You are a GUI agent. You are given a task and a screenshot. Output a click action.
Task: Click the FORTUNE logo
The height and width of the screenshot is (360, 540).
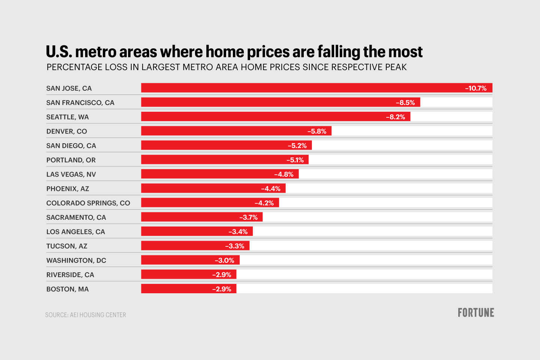[x=475, y=313]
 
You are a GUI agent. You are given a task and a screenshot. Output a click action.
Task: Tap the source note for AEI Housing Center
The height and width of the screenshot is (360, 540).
[x=85, y=315]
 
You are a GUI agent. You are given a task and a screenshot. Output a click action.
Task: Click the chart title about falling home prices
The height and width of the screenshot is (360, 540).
[x=234, y=52]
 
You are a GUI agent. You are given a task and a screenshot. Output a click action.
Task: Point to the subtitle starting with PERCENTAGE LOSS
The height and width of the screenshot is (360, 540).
[x=226, y=67]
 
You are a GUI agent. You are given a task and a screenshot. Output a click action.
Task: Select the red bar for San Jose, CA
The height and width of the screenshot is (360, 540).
[x=300, y=88]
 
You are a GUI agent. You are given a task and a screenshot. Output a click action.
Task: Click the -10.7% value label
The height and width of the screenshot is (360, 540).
[x=475, y=88]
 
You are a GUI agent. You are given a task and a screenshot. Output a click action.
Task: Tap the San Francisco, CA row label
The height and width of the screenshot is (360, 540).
[x=80, y=103]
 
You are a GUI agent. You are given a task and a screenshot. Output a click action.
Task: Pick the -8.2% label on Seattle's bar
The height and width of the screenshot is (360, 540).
[x=395, y=117]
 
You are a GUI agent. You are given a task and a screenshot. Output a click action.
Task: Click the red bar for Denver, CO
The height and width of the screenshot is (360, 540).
[x=225, y=131]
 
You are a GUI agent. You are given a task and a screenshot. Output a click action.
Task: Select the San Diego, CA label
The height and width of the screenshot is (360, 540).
[x=71, y=146]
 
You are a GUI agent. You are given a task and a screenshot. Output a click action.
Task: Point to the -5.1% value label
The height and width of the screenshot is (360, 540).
[x=295, y=160]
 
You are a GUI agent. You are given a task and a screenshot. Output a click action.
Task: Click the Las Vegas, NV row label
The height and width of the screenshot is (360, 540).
[x=71, y=174]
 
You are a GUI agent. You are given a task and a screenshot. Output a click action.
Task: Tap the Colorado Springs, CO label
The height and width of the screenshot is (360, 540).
[x=88, y=203]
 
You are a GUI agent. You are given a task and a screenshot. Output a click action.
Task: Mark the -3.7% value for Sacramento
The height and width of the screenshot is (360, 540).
[x=248, y=217]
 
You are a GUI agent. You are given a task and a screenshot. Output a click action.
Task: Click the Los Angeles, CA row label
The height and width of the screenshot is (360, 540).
[x=76, y=232]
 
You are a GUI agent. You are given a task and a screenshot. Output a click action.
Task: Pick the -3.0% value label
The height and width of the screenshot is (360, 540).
[x=224, y=261]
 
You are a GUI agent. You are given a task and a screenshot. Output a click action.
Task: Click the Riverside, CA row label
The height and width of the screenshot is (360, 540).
[x=70, y=275]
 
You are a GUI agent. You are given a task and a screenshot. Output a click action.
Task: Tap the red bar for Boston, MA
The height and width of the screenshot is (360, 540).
[x=176, y=289]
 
